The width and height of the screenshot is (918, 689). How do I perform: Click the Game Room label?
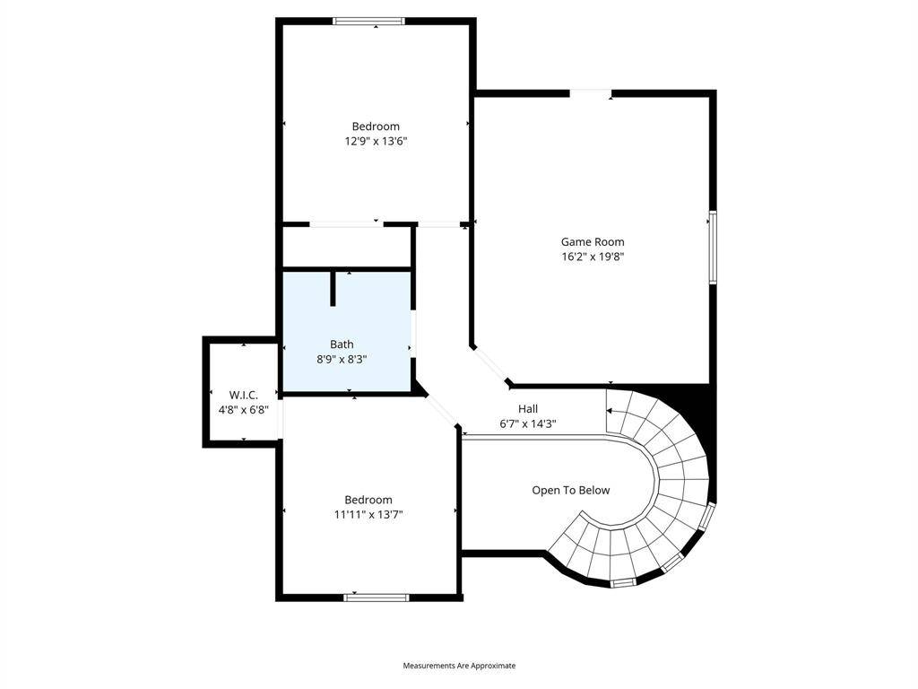click(x=593, y=241)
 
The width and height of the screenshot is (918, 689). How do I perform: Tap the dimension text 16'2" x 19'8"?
click(x=593, y=257)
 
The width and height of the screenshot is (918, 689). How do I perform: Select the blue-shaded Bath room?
click(x=347, y=331)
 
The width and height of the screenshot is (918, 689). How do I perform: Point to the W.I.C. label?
click(x=244, y=395)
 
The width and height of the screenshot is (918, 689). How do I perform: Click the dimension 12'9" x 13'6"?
click(x=376, y=141)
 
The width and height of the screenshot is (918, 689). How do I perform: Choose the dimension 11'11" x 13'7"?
click(x=368, y=515)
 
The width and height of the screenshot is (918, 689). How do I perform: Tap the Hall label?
click(x=527, y=409)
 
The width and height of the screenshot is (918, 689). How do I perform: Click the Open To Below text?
click(x=571, y=491)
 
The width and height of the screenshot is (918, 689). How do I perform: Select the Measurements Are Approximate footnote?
click(x=459, y=666)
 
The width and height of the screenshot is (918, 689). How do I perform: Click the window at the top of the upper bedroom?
click(x=368, y=22)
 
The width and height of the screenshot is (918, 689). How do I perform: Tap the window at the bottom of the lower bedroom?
click(x=376, y=597)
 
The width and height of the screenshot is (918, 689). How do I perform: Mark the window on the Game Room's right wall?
click(x=713, y=248)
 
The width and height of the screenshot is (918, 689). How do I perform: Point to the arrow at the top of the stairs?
click(x=610, y=411)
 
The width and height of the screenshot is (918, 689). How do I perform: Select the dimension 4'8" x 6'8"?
click(x=244, y=410)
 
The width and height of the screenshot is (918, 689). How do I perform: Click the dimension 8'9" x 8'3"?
click(x=342, y=360)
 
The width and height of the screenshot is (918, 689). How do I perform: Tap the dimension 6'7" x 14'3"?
click(x=527, y=424)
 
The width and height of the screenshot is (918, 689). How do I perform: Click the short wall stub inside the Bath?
click(x=333, y=288)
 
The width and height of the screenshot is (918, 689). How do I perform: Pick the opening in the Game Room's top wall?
click(x=591, y=93)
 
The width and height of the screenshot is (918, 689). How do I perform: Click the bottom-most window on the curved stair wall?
click(x=623, y=582)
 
